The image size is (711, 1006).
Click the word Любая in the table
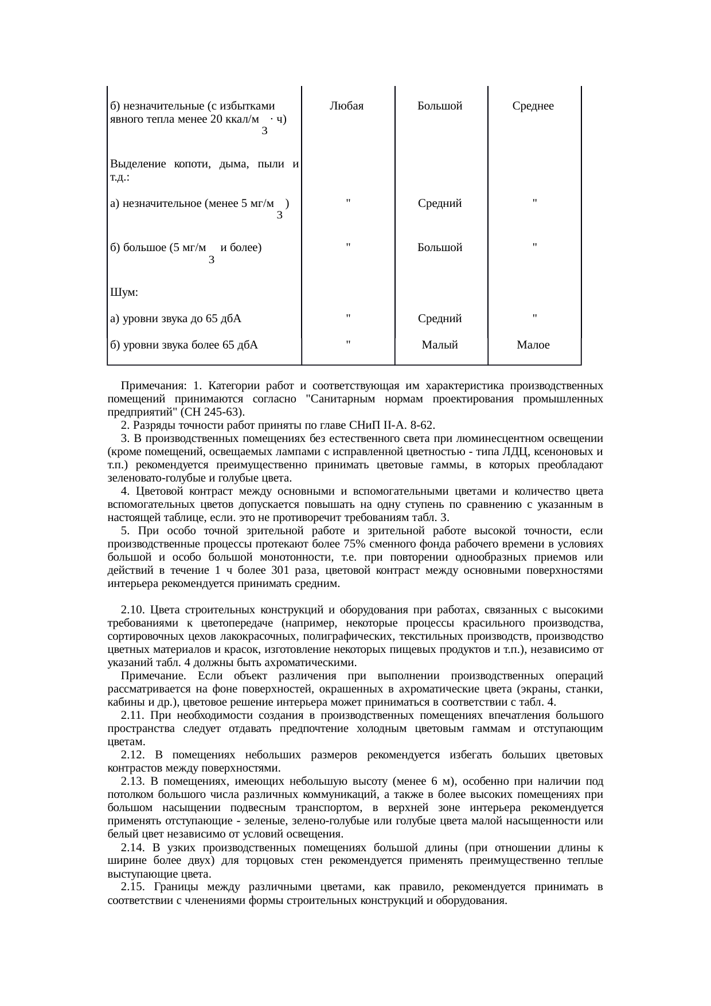tap(347, 106)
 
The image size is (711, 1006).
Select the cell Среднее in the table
tap(533, 106)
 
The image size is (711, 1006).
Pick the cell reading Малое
tap(533, 345)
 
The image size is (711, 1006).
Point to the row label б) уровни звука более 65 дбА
tap(183, 345)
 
